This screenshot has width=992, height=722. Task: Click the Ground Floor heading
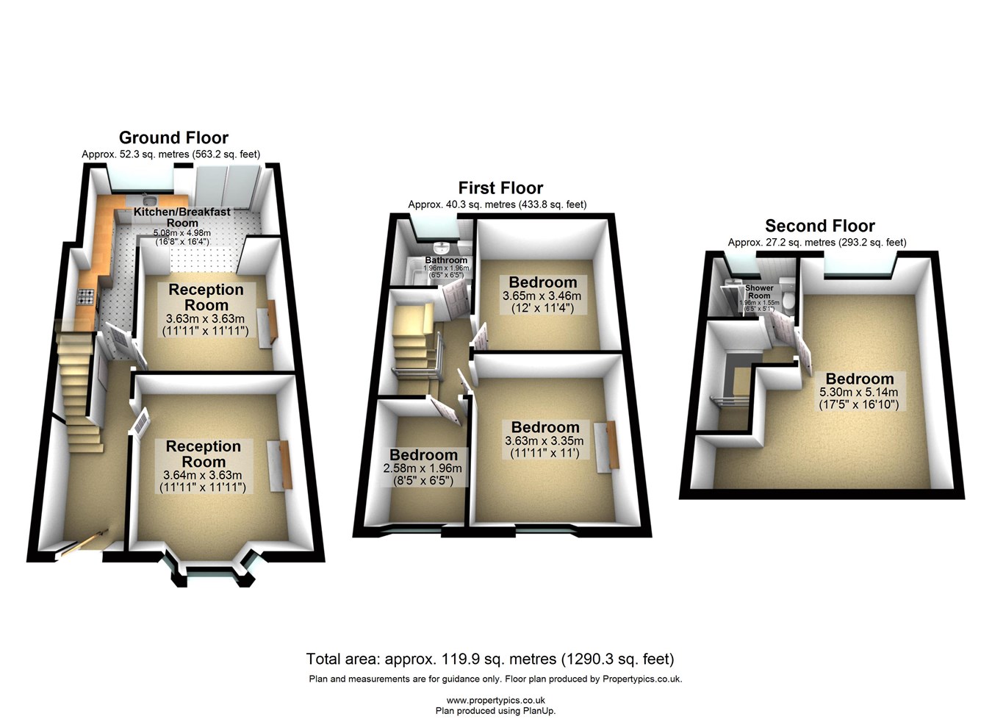point(173,137)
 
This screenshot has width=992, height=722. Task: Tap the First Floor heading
point(500,188)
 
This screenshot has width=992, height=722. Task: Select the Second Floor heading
point(819,226)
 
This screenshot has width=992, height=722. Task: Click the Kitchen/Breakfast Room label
point(182,217)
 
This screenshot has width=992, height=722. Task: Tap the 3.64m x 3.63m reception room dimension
point(203,475)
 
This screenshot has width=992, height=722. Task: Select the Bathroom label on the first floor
point(446,260)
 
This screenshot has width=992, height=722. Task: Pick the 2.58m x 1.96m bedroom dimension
point(423,468)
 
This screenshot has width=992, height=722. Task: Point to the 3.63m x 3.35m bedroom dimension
point(544,441)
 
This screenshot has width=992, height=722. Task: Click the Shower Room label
point(759,292)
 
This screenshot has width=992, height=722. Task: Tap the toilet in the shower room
point(788,301)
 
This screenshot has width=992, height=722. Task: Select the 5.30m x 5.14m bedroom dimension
point(859,393)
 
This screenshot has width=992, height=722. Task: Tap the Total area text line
point(490,659)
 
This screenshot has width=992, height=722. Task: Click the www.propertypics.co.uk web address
point(495,701)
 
